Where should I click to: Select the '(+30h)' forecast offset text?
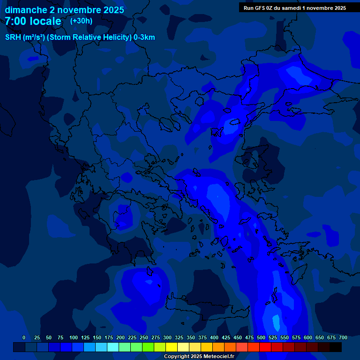tap(81, 21)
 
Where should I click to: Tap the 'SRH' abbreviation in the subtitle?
tap(13, 37)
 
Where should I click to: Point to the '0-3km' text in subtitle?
tap(144, 37)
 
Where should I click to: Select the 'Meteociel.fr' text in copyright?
tap(218, 356)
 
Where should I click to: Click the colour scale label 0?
tap(24, 337)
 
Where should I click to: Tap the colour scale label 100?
tap(74, 337)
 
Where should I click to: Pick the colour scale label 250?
tap(144, 337)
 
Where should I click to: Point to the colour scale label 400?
tap(214, 337)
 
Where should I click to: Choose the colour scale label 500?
tap(261, 337)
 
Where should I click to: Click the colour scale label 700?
tap(343, 337)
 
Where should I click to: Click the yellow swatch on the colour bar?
tap(172, 347)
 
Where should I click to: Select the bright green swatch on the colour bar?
tap(148, 347)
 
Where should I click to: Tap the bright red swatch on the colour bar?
tap(265, 347)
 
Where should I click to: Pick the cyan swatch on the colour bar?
tap(113, 347)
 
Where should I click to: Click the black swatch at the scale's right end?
tap(336, 347)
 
